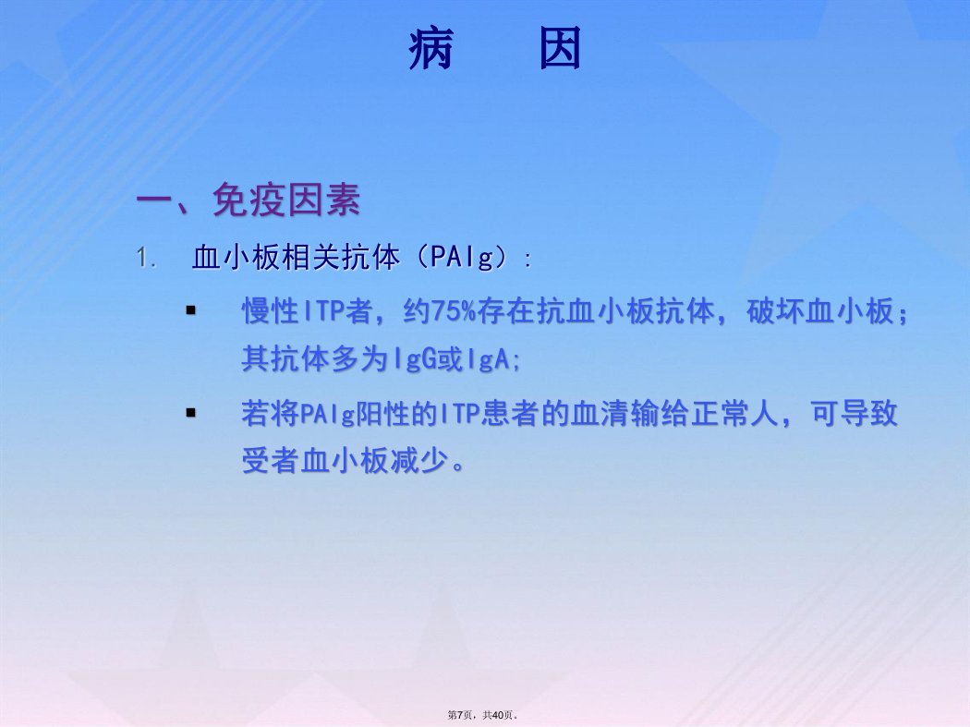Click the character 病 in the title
click(x=431, y=48)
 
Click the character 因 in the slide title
click(x=561, y=48)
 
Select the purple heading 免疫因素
click(x=285, y=200)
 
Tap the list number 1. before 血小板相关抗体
click(x=146, y=258)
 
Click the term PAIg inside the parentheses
click(x=462, y=257)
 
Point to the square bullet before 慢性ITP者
click(x=190, y=310)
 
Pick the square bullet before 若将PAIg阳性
click(x=190, y=413)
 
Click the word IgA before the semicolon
click(x=488, y=358)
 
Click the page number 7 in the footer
click(x=460, y=715)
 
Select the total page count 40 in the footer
click(x=498, y=715)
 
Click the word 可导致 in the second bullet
click(x=855, y=413)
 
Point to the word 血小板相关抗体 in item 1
click(x=296, y=257)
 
